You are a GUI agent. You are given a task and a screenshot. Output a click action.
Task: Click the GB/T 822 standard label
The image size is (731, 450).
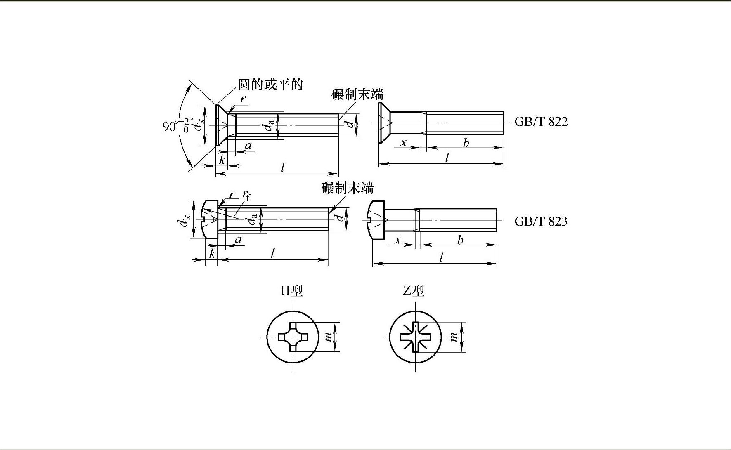click(x=541, y=122)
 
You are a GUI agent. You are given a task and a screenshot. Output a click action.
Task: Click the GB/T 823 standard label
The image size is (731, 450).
click(x=541, y=221)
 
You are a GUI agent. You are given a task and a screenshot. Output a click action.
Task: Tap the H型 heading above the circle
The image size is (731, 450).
click(x=292, y=291)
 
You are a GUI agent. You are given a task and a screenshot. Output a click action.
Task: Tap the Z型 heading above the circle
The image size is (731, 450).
click(x=414, y=291)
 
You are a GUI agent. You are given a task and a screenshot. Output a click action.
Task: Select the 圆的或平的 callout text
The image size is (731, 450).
click(x=270, y=84)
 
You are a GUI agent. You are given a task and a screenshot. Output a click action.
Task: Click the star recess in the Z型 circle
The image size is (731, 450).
click(x=416, y=337)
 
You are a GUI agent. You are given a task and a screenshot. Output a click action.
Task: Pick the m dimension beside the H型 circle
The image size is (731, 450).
click(x=329, y=337)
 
